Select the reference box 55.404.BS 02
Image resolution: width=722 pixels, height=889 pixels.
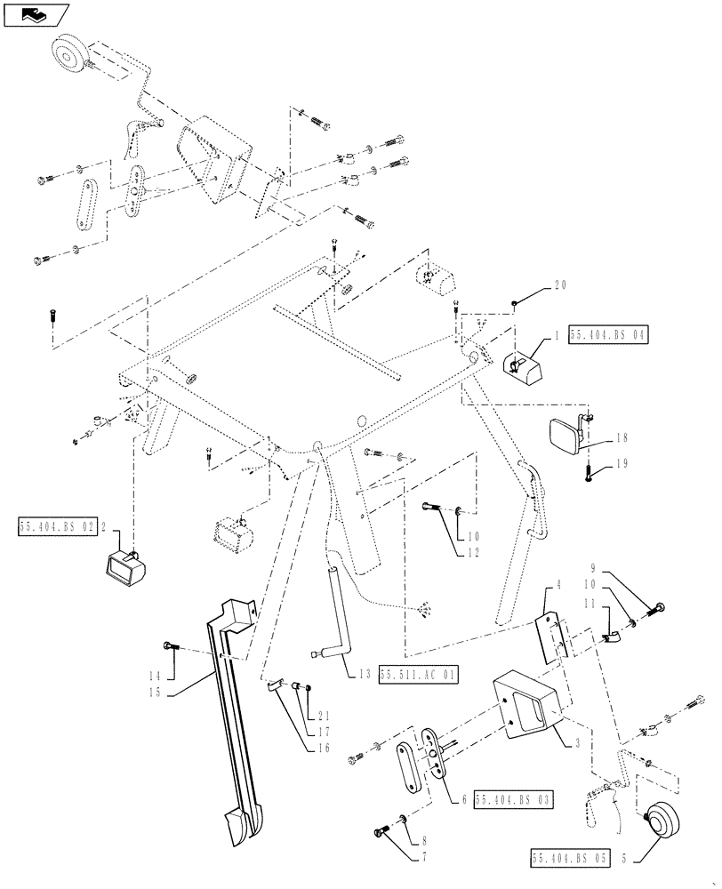[x=55, y=526]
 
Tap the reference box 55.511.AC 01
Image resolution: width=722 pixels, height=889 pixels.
[x=419, y=675]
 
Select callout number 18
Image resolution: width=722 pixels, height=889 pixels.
[x=620, y=438]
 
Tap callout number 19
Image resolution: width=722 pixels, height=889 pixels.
[x=621, y=463]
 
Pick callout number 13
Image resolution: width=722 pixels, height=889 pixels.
[x=366, y=675]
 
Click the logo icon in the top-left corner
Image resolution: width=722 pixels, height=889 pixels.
[x=36, y=14]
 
